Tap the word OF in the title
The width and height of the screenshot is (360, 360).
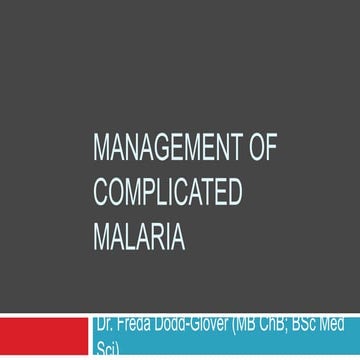(262, 149)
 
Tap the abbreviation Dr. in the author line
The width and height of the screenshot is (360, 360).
(104, 324)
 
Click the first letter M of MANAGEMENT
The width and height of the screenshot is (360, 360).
(99, 149)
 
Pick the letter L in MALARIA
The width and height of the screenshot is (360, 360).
(129, 239)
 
